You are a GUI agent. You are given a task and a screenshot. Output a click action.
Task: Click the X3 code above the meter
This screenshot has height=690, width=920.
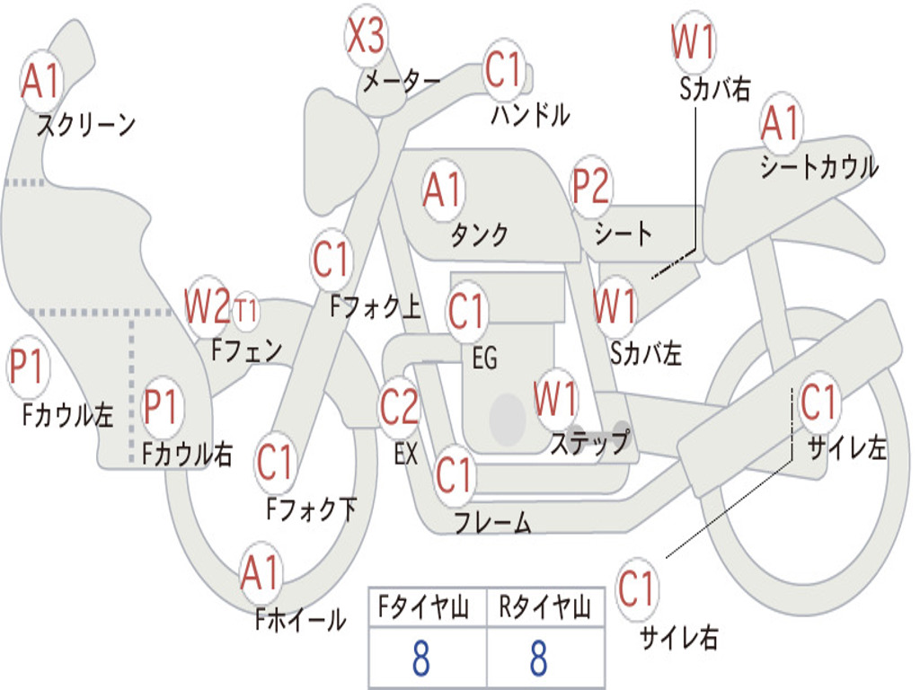[367, 35]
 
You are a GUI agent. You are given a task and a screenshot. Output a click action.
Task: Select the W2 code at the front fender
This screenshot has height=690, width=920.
[208, 305]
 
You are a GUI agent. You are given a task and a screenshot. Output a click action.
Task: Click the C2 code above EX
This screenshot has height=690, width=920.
[400, 407]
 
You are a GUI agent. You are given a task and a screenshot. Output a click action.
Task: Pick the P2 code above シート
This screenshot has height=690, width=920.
[591, 185]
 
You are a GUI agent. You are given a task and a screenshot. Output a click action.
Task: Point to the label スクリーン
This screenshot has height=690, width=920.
[86, 125]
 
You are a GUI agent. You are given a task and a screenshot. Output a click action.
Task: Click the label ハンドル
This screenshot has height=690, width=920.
[530, 114]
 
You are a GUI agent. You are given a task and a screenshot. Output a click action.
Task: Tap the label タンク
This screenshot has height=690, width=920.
[480, 234]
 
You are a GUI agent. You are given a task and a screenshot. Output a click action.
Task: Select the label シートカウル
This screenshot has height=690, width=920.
[819, 166]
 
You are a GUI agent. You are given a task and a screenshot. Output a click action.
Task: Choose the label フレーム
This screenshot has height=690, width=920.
[493, 522]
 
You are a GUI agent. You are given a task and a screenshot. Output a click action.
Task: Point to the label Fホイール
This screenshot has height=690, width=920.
[300, 619]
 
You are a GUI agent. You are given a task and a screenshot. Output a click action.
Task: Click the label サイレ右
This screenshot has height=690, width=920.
[679, 637]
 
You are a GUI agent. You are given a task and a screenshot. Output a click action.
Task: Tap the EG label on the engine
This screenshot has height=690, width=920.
[484, 358]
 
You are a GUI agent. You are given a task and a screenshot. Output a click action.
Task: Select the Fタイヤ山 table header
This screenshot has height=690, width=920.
[424, 606]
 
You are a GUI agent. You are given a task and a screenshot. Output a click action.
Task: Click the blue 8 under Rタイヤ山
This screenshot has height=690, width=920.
[539, 658]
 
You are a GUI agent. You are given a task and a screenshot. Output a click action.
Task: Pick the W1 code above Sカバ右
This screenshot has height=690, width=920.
[694, 41]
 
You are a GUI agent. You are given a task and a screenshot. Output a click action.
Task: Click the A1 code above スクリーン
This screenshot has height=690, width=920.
[41, 80]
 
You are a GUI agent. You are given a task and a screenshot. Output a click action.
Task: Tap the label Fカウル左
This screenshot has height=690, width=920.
[67, 415]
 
